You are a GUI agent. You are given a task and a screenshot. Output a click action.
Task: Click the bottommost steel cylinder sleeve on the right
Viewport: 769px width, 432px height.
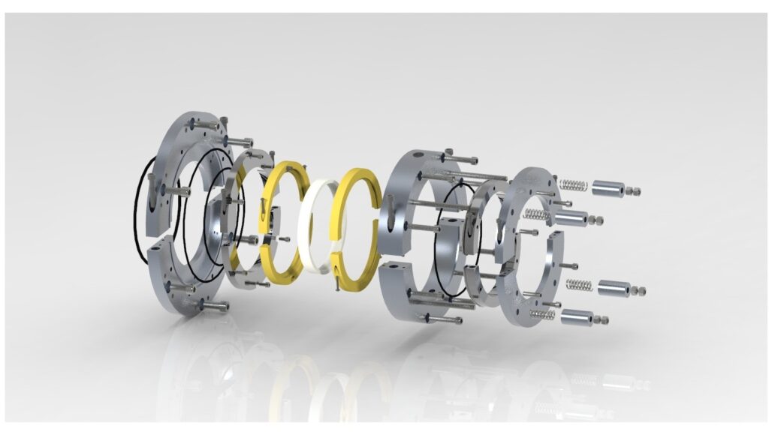577,317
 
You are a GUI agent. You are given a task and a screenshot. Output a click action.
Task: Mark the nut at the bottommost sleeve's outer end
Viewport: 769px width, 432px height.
602,319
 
